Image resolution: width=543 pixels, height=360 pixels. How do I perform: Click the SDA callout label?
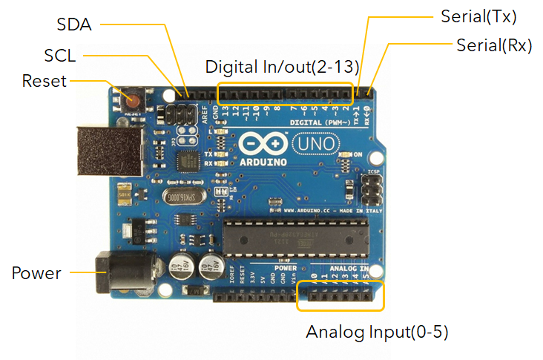74,24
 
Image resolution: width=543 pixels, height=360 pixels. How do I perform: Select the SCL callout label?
60,56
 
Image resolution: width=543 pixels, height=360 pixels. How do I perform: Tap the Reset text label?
45,80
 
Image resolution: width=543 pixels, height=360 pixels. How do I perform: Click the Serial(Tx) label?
478,16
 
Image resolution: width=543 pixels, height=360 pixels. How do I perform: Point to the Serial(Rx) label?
494,45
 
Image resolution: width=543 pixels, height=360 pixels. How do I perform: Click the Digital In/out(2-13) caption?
282,66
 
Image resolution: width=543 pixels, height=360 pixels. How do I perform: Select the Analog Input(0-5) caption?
378,331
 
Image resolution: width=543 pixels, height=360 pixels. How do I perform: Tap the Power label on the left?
36,273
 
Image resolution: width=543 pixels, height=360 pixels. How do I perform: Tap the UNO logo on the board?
315,141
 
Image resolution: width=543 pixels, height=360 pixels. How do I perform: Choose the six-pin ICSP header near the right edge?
371,189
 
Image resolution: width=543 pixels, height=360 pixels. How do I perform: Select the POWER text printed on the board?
285,267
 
